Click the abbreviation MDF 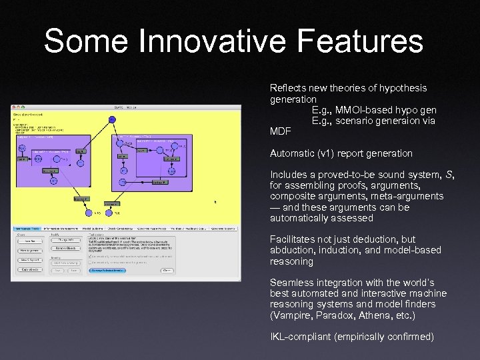tap(281, 131)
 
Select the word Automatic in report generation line tap(292, 153)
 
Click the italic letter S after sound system tap(449, 175)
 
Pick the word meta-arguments tap(411, 197)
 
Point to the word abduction tap(294, 251)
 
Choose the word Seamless tap(291, 283)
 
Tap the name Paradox tap(335, 315)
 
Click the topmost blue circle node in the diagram tap(112, 120)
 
